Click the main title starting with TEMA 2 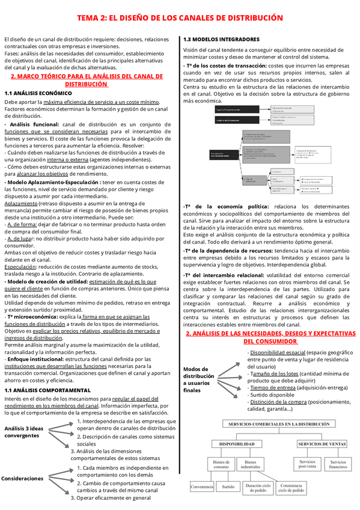[180, 18]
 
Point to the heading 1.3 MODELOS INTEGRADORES [222, 40]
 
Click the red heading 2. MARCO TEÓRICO [87, 81]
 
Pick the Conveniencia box [203, 487]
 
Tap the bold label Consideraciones [23, 478]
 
